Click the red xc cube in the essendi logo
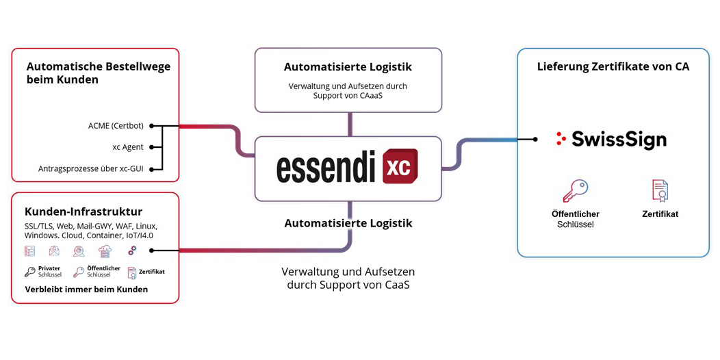(400, 166)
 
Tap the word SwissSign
(619, 140)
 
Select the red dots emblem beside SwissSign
(560, 139)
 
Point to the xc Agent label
(128, 147)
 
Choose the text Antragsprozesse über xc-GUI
(91, 169)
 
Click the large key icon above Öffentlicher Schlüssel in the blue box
(576, 190)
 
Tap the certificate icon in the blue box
(660, 190)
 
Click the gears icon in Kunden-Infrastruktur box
(132, 250)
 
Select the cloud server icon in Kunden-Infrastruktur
(105, 250)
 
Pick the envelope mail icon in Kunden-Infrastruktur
(54, 250)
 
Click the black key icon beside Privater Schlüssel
(30, 272)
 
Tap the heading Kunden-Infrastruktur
(83, 211)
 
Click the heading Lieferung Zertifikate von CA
(613, 66)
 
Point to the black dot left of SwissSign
(535, 139)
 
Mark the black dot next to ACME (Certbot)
(152, 126)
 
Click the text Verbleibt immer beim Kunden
(86, 290)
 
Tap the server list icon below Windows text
(29, 250)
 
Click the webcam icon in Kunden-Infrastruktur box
(79, 250)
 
